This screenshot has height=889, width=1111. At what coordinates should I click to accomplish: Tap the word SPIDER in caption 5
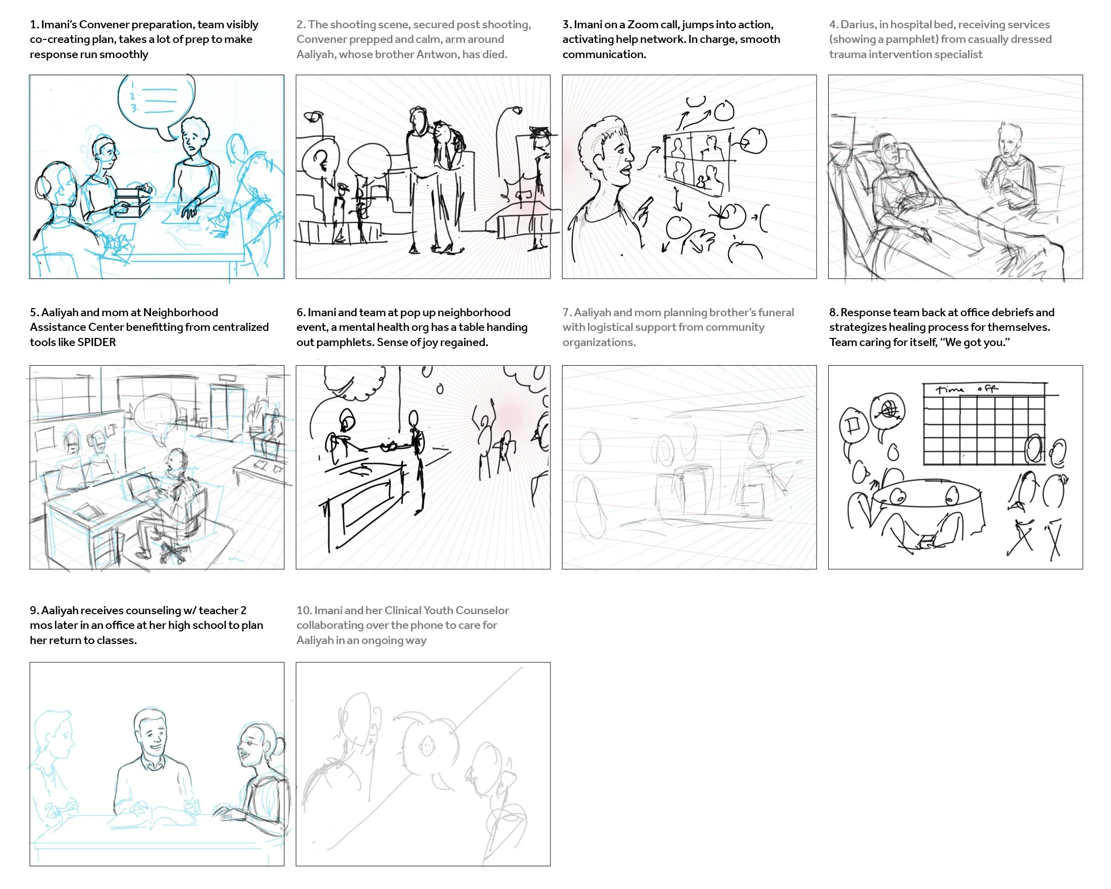(96, 342)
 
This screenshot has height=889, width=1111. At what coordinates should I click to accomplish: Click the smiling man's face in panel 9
(151, 734)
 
